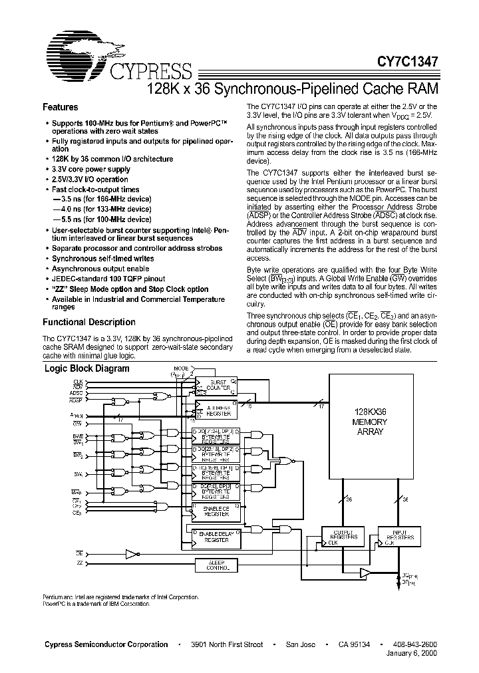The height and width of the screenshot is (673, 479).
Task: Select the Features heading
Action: point(61,107)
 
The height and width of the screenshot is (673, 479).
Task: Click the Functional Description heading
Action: point(88,322)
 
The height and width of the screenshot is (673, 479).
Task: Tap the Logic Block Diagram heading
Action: point(86,368)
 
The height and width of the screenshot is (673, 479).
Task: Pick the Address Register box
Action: point(217,410)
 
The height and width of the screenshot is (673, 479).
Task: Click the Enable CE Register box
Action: point(216,511)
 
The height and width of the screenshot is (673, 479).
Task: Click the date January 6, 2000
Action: point(412,654)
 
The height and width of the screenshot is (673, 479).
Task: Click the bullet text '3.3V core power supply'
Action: point(91,169)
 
